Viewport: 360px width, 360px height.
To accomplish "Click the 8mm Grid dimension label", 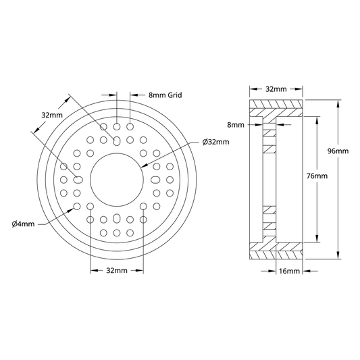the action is pos(165,95).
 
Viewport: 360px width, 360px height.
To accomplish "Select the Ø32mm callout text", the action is pos(216,142).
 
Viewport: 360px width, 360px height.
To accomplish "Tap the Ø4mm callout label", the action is pos(23,224).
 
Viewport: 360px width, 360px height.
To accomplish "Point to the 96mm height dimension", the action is pos(338,151).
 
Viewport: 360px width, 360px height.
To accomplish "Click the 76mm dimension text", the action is pos(317,176).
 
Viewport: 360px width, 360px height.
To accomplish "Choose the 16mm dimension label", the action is pos(289,271).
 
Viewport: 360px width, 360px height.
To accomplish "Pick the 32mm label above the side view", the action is pos(276,89).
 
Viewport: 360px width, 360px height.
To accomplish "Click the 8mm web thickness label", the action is pos(236,125).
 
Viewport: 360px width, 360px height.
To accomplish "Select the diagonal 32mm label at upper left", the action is pos(52,115).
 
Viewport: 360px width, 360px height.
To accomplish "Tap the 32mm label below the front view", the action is pos(117,271).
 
